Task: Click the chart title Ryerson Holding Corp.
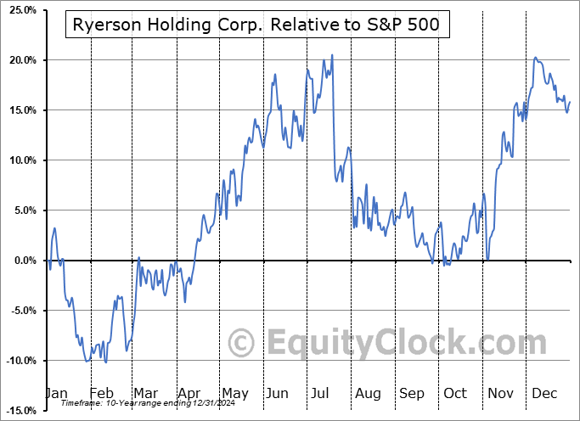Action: (x=256, y=25)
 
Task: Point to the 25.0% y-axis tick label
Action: (x=18, y=10)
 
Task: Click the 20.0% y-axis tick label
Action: (x=18, y=60)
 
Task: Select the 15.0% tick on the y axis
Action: (x=18, y=110)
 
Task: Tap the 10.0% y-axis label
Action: (x=18, y=160)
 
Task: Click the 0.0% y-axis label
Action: (x=20, y=261)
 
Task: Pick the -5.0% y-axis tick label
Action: (x=18, y=311)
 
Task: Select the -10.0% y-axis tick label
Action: (x=18, y=361)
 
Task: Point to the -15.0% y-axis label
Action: (x=18, y=411)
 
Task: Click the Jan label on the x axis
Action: (x=55, y=393)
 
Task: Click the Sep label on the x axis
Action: (x=412, y=393)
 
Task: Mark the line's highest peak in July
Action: (x=332, y=55)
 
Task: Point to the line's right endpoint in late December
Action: (x=570, y=102)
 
